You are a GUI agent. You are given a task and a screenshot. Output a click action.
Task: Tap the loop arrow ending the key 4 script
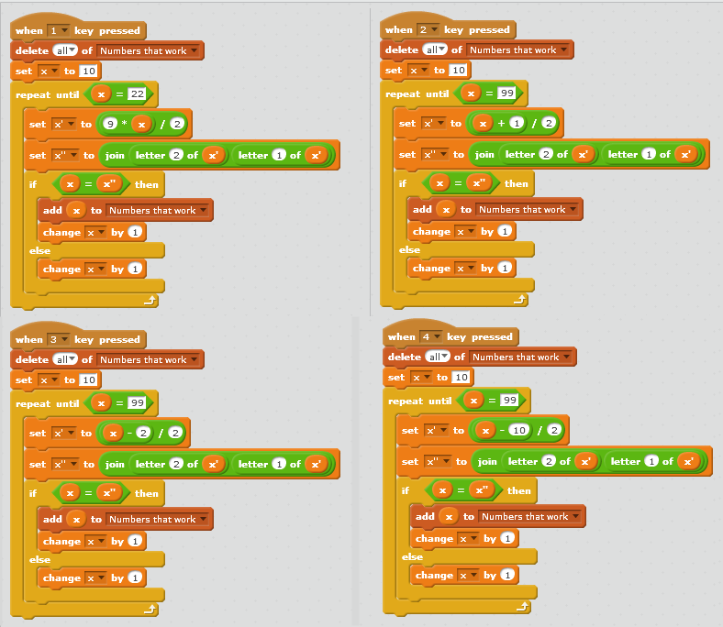pos(523,606)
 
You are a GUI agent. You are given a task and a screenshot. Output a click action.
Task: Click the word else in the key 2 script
pos(410,249)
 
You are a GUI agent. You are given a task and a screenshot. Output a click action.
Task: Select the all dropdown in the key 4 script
pos(437,357)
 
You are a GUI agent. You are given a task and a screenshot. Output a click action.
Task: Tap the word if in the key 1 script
pos(32,184)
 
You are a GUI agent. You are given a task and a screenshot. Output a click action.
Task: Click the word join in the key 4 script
pos(486,461)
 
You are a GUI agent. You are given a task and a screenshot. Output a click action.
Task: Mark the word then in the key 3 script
pos(147,493)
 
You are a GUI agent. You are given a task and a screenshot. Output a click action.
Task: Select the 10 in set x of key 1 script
pos(89,71)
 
